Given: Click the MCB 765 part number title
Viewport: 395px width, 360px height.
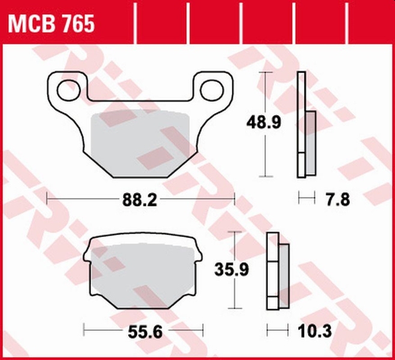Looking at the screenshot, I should (x=50, y=24).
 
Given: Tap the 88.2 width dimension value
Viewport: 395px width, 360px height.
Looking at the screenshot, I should (x=140, y=199).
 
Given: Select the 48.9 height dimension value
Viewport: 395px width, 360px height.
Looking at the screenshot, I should (x=264, y=124).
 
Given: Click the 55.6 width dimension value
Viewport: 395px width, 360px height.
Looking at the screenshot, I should (x=143, y=329).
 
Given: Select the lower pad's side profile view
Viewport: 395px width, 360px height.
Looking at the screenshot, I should (x=277, y=269).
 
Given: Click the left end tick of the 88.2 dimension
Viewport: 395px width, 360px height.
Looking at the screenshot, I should (x=47, y=199).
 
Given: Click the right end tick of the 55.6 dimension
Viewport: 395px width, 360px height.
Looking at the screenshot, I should (x=204, y=328).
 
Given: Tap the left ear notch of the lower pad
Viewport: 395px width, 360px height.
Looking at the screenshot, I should (x=89, y=255).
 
